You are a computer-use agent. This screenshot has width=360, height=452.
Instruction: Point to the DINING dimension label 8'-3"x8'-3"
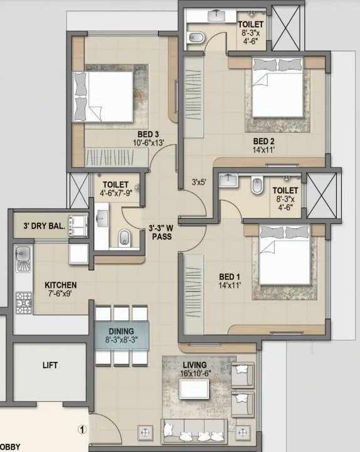coord(121,342)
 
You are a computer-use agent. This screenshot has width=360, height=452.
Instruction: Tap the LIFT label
coord(51,365)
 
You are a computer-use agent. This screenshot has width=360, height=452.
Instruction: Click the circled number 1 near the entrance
coord(81,430)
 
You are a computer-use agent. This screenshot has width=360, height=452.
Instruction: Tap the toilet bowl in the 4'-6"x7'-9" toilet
coord(125,236)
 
